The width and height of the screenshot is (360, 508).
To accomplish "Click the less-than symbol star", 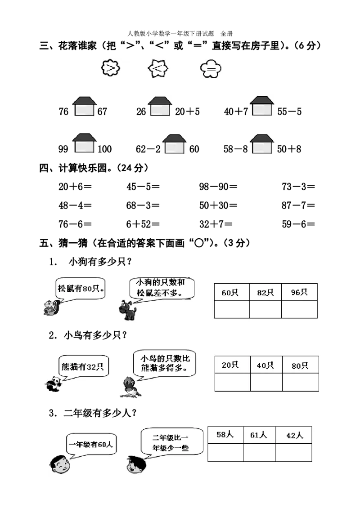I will click(158, 69).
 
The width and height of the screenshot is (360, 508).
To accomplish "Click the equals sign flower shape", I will click(211, 69).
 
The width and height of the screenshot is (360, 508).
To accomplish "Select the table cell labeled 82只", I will click(265, 292).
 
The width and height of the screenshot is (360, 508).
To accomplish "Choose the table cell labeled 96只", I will click(299, 292).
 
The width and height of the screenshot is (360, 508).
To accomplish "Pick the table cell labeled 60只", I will click(232, 292).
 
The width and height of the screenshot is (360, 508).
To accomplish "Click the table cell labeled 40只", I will click(266, 365).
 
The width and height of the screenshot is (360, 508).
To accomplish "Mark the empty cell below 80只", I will click(300, 382).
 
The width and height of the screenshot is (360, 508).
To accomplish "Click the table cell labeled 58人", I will click(225, 435).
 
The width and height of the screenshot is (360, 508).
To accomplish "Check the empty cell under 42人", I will click(293, 452).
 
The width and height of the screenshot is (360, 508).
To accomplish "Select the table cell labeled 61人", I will click(259, 435).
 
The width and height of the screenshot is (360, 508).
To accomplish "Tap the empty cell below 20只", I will click(232, 382).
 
